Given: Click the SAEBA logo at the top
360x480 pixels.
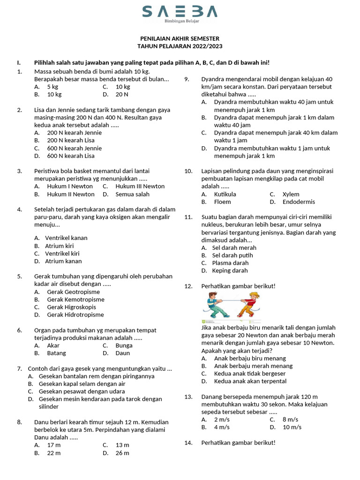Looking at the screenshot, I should pyautogui.click(x=180, y=11).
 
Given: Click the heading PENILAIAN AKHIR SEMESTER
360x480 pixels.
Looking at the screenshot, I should pyautogui.click(x=180, y=38).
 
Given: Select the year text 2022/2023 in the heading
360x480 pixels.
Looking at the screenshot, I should pyautogui.click(x=206, y=46).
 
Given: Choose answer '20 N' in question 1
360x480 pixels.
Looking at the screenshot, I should pyautogui.click(x=122, y=94).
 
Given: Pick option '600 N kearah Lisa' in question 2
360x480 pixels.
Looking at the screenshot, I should pyautogui.click(x=71, y=156).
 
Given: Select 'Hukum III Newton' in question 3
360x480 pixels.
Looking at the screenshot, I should pyautogui.click(x=140, y=186).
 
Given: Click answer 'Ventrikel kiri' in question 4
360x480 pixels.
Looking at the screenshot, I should pyautogui.click(x=62, y=253).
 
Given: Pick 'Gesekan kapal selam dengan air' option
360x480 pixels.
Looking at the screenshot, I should pyautogui.click(x=82, y=383).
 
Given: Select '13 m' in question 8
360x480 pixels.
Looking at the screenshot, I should pyautogui.click(x=122, y=445).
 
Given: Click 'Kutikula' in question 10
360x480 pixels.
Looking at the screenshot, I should pyautogui.click(x=225, y=194).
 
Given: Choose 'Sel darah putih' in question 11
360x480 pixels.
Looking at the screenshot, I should pyautogui.click(x=232, y=255).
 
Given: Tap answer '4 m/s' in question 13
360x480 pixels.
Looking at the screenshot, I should pyautogui.click(x=222, y=427).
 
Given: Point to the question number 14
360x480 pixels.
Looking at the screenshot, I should pyautogui.click(x=188, y=442).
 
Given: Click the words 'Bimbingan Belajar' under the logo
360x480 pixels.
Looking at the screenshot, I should pyautogui.click(x=181, y=22).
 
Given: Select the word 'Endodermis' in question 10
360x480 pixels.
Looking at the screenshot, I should pyautogui.click(x=299, y=202).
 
